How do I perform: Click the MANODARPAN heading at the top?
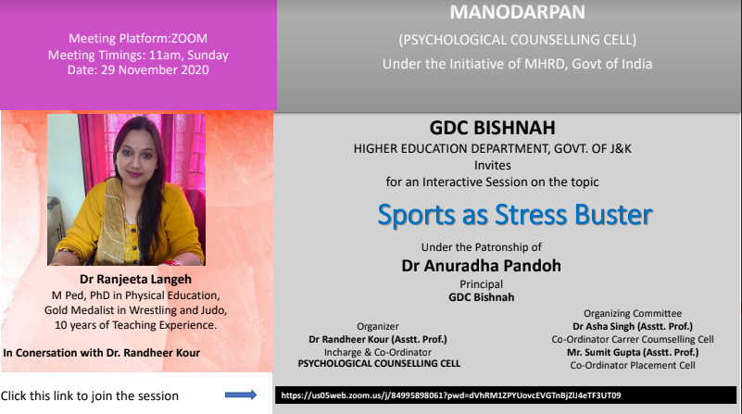517,12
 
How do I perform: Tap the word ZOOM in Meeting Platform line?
189,38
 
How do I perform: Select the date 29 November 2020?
155,70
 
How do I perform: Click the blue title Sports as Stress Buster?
515,215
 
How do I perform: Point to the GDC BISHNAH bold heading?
492,128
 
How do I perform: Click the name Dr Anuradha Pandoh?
482,266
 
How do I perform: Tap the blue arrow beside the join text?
241,395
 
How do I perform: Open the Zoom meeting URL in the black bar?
451,395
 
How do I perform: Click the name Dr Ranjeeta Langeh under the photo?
135,279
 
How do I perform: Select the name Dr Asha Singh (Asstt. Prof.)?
633,326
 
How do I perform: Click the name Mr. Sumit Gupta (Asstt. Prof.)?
633,352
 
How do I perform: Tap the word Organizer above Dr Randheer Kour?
378,326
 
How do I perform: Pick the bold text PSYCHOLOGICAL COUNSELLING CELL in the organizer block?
379,363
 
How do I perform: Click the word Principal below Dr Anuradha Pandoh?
482,284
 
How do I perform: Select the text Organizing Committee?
633,313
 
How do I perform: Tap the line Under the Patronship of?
482,247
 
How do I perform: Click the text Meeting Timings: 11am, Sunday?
138,56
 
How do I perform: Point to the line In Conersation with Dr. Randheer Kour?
101,353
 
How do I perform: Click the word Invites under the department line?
493,166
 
